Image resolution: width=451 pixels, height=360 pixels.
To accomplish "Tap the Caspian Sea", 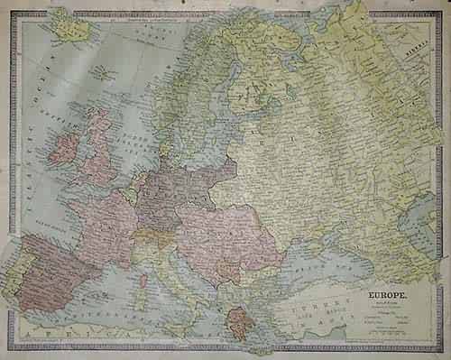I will click(417, 221).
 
